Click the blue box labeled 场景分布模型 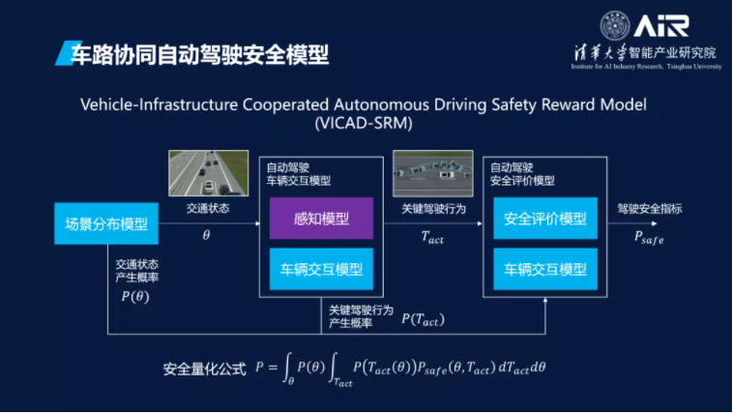pos(105,224)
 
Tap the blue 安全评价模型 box pos(544,219)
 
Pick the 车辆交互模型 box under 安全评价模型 pos(544,268)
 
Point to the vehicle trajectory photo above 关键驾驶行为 pos(432,173)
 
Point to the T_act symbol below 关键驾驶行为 pos(432,237)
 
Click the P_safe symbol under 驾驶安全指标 pos(648,237)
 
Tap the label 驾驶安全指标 pos(649,208)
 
